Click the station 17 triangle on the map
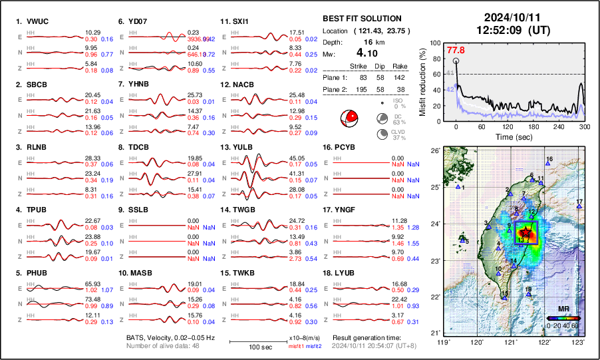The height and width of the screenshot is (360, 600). click(x=579, y=207)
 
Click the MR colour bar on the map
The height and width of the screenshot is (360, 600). click(x=563, y=318)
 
